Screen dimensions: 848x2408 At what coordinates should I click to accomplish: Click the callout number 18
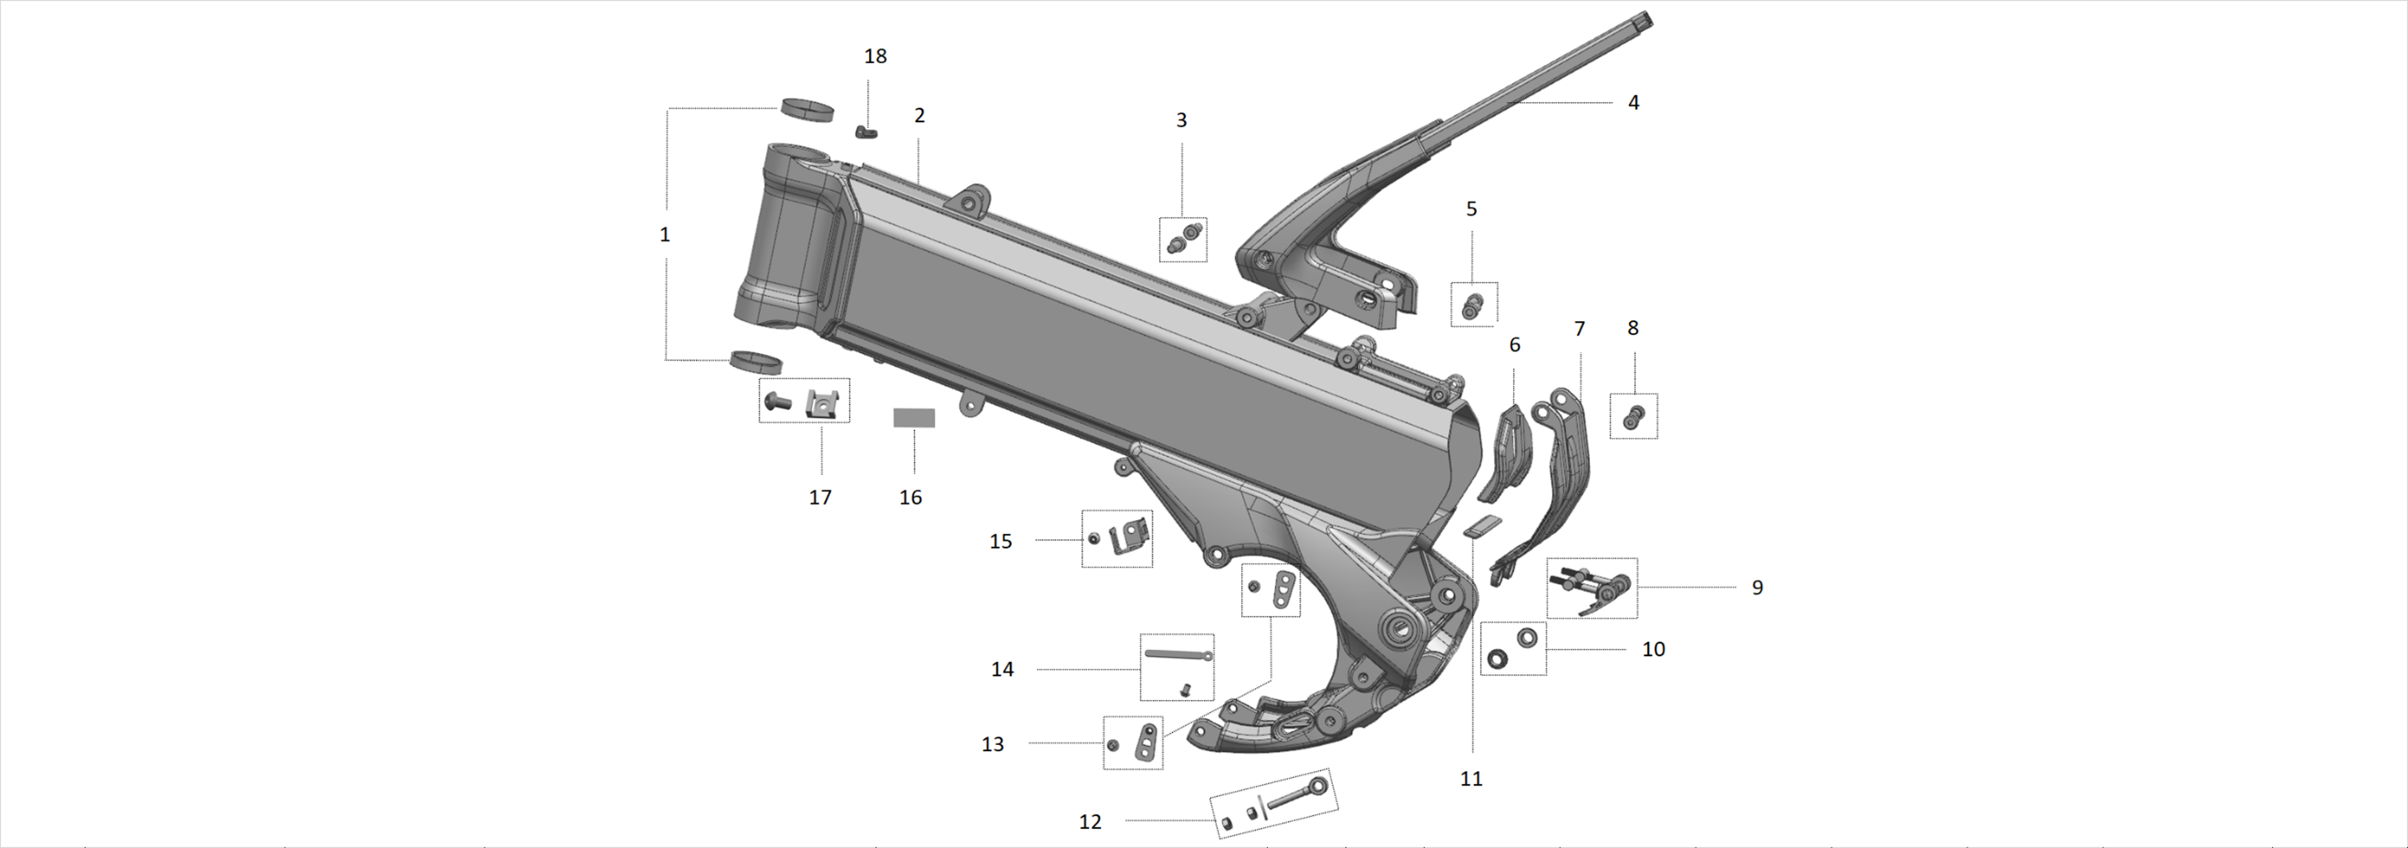875,56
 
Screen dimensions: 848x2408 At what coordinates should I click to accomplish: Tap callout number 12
1090,822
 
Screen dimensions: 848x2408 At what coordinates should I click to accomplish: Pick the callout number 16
911,497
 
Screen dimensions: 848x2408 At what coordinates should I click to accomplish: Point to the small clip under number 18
866,132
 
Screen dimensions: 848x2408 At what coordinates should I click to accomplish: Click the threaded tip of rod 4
1645,18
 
